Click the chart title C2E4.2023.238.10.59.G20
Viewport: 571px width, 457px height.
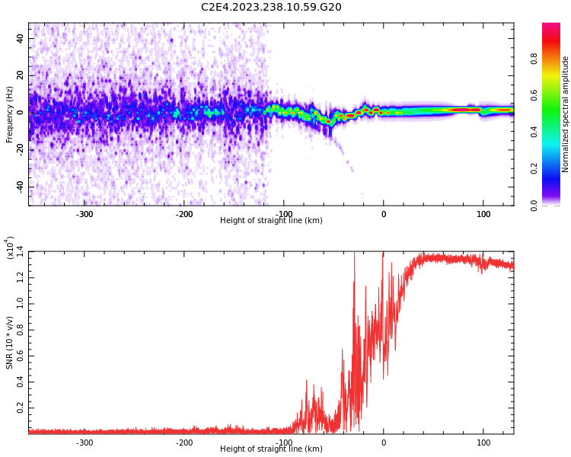(x=271, y=7)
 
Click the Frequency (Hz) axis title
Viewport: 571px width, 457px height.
(x=10, y=114)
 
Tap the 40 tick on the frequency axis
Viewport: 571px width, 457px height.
(x=20, y=38)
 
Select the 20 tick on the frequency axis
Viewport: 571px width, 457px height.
(x=20, y=75)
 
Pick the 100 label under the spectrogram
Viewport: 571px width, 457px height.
(x=483, y=214)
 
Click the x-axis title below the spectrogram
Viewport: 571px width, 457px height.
(x=271, y=221)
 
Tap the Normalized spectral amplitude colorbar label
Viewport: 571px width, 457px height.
(x=566, y=114)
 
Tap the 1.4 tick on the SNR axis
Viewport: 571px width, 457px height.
(x=19, y=251)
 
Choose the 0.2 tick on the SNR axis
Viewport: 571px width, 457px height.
(x=19, y=408)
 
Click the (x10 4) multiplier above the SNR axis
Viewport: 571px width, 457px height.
(x=10, y=248)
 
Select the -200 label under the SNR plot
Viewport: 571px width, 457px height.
(x=183, y=443)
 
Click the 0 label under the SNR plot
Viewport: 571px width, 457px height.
(x=384, y=443)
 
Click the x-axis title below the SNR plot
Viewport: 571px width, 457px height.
(x=271, y=449)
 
